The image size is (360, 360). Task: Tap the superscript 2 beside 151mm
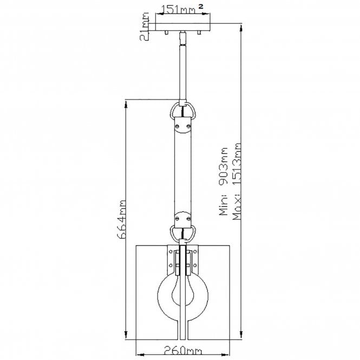click(201, 6)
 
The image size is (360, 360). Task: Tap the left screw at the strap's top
click(178, 125)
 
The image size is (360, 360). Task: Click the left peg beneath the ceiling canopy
click(167, 35)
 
